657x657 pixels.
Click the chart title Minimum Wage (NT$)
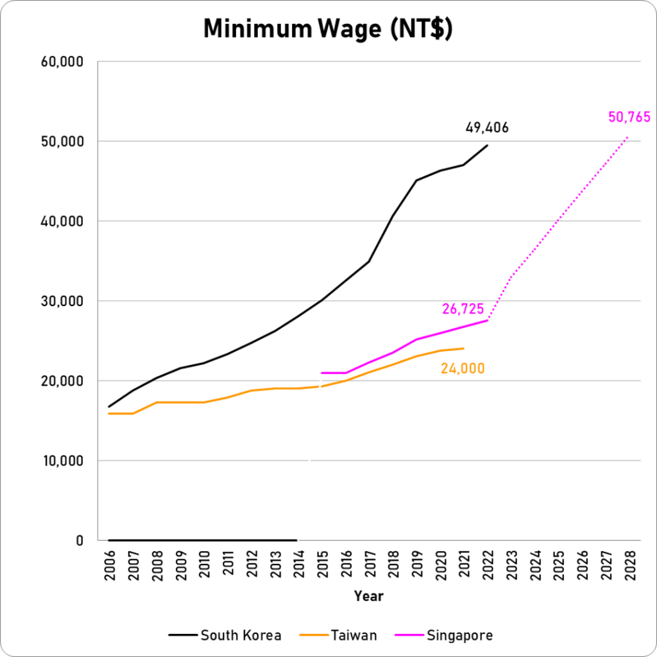click(328, 29)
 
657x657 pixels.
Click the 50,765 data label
click(629, 117)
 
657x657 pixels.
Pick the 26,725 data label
click(463, 309)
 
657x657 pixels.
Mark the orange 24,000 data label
click(463, 368)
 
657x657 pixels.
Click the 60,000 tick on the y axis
click(62, 62)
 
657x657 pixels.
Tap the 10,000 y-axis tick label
click(62, 461)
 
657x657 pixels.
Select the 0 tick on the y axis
click(80, 540)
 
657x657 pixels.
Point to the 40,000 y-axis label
click(62, 221)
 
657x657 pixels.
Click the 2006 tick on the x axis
click(109, 565)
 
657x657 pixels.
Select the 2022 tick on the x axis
click(488, 565)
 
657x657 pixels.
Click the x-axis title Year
click(369, 596)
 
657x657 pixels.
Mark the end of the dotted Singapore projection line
click(628, 136)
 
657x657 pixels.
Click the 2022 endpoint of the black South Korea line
click(487, 146)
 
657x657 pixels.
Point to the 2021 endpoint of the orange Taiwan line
click(463, 348)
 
